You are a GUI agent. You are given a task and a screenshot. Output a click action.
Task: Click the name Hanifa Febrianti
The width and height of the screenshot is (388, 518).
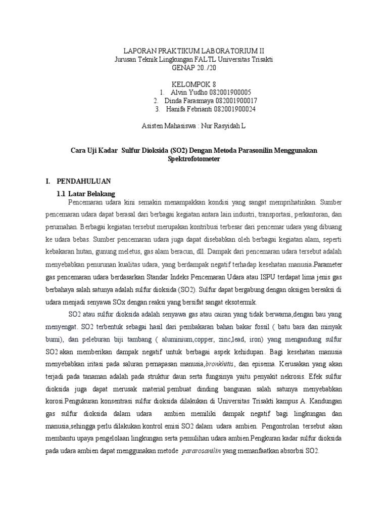[x=192, y=108]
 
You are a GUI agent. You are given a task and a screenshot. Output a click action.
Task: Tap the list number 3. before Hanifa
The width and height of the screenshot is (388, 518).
[x=158, y=108]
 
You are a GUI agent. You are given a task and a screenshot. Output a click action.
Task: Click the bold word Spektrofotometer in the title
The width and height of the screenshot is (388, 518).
[x=194, y=159]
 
